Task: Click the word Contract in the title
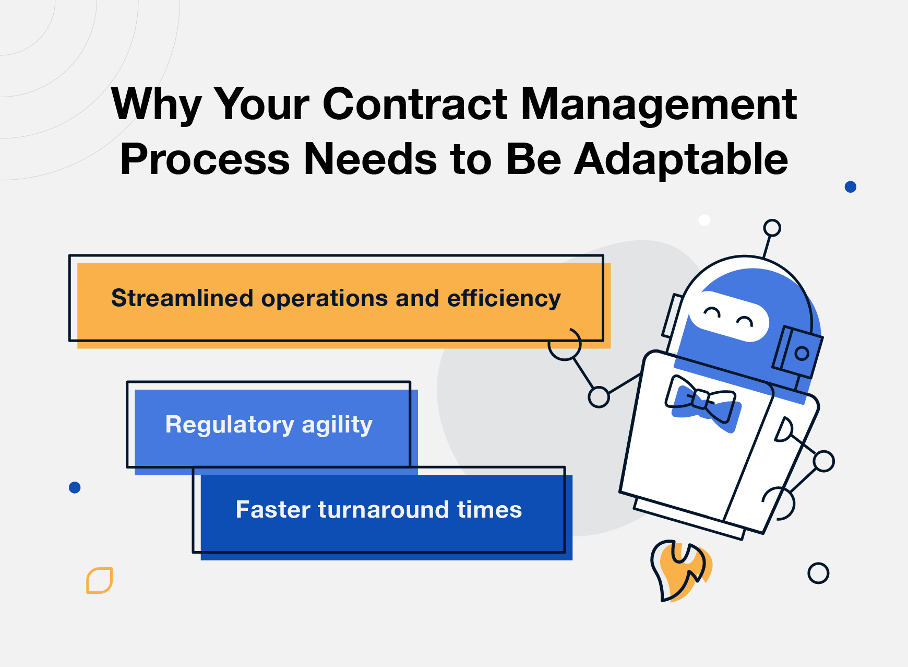tap(415, 104)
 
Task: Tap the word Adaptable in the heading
tap(681, 159)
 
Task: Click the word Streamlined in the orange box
tap(182, 298)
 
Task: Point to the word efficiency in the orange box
tap(504, 299)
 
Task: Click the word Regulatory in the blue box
tap(230, 425)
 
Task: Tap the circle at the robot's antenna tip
tap(772, 228)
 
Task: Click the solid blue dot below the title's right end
tap(850, 186)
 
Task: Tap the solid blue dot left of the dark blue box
tap(75, 487)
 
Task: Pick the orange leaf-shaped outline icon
tap(99, 580)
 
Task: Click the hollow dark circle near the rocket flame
tap(818, 573)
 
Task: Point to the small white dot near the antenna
tap(704, 220)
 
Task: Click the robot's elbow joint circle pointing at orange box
tap(599, 397)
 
